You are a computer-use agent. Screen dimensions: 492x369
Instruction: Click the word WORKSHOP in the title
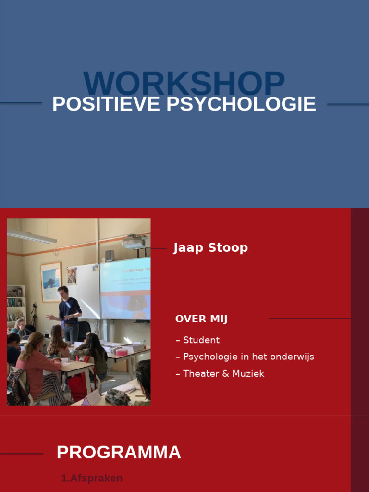(184, 84)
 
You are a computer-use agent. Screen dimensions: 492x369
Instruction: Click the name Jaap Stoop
(210, 248)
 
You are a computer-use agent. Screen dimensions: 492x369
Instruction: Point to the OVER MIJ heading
(201, 319)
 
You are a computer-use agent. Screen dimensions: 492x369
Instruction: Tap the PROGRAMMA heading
(119, 452)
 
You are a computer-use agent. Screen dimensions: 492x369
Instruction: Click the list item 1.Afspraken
(92, 478)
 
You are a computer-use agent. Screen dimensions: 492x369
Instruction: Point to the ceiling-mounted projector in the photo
(134, 243)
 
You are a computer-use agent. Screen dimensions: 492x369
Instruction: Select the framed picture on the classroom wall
(51, 282)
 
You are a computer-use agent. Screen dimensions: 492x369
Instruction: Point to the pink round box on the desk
(122, 352)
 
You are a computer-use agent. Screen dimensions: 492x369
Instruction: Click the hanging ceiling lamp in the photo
(32, 236)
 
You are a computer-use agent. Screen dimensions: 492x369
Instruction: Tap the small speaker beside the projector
(110, 255)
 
